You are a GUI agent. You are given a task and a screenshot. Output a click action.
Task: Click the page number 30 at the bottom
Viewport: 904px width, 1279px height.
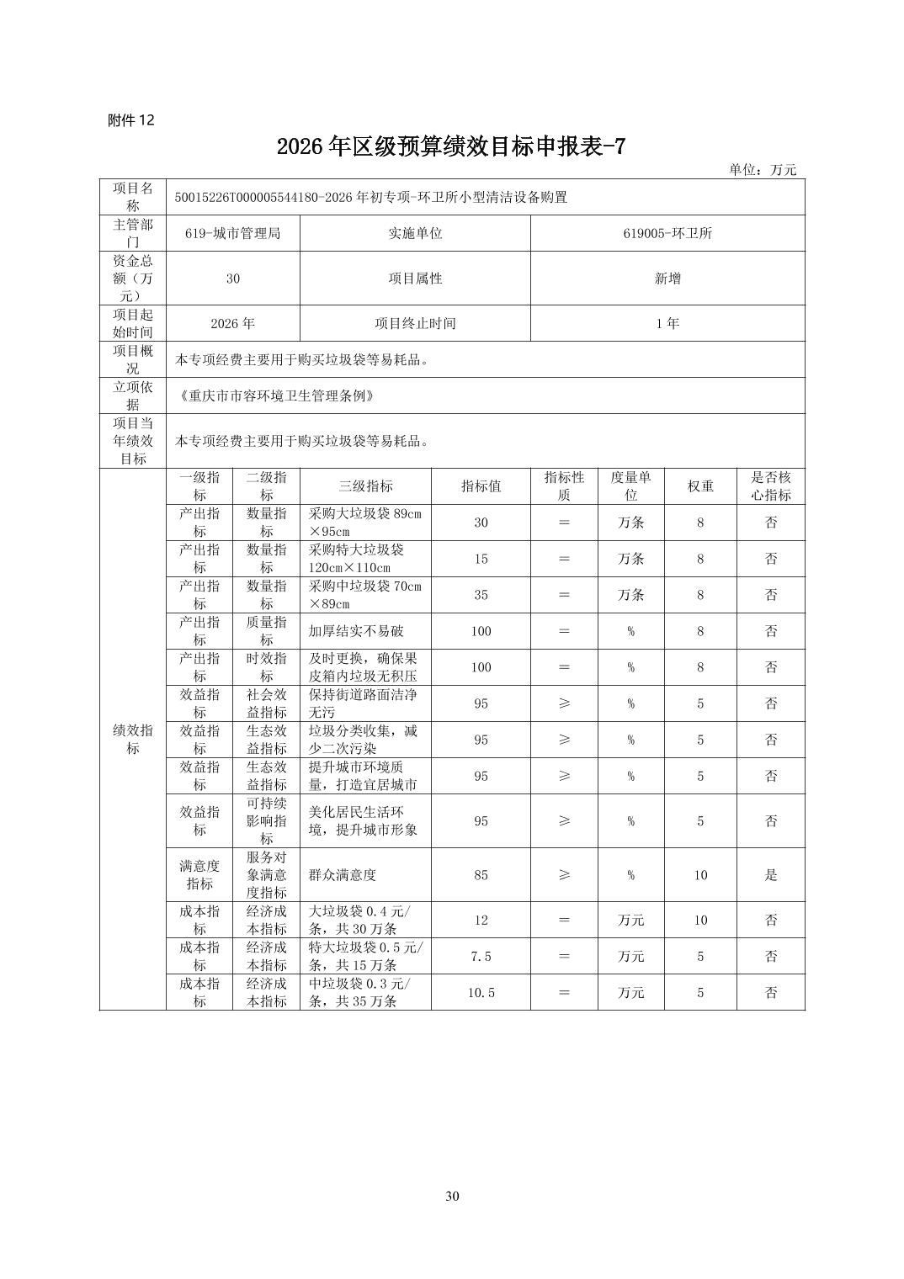coord(452,1197)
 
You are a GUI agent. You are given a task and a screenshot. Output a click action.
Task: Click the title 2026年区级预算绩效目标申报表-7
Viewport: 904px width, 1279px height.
coord(451,146)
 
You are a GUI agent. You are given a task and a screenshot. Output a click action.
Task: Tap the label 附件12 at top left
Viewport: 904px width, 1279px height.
coord(131,120)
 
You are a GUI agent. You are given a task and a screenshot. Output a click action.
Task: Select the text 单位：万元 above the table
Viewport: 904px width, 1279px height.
coord(762,169)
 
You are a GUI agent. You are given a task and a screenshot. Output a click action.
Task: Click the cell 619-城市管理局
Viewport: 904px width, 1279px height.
coord(232,233)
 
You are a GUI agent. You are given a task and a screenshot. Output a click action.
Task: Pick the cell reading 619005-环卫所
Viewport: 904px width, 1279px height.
coord(667,233)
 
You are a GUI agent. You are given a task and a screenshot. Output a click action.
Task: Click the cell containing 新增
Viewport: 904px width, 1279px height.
coord(667,279)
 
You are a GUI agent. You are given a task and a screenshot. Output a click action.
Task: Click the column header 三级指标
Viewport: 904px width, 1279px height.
coord(365,486)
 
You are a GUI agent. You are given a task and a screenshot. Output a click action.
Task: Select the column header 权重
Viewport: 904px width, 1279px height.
coord(700,486)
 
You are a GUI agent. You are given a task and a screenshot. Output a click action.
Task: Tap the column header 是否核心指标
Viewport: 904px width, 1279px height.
coord(770,486)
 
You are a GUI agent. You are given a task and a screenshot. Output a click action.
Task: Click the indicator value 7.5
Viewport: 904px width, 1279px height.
coord(481,957)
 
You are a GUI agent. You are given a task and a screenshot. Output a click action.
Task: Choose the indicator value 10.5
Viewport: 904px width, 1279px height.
coord(481,993)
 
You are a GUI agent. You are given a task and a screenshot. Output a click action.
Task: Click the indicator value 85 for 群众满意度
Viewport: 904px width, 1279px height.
coord(481,875)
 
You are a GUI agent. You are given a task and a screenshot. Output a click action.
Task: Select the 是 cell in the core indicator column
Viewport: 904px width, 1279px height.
coord(770,875)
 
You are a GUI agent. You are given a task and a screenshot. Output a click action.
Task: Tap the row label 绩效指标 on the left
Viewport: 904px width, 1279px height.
coord(132,740)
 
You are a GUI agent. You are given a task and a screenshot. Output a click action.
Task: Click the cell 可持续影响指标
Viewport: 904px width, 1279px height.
coord(266,820)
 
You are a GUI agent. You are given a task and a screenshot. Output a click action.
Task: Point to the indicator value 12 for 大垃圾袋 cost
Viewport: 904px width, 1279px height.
coord(481,921)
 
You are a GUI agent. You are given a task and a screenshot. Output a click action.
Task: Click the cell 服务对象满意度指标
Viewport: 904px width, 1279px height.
coord(266,875)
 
